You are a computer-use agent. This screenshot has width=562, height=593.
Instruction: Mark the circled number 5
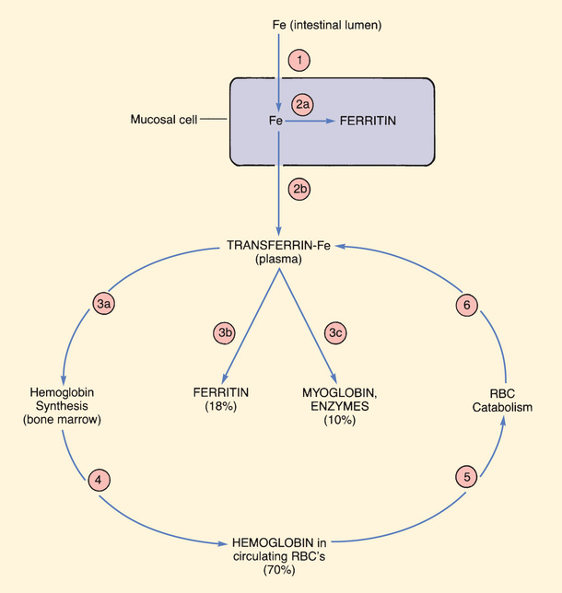467,477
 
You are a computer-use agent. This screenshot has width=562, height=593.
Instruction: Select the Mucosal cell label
163,119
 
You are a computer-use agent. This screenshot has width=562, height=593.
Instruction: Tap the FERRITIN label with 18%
225,399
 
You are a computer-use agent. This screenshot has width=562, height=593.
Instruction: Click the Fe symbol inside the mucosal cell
274,120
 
